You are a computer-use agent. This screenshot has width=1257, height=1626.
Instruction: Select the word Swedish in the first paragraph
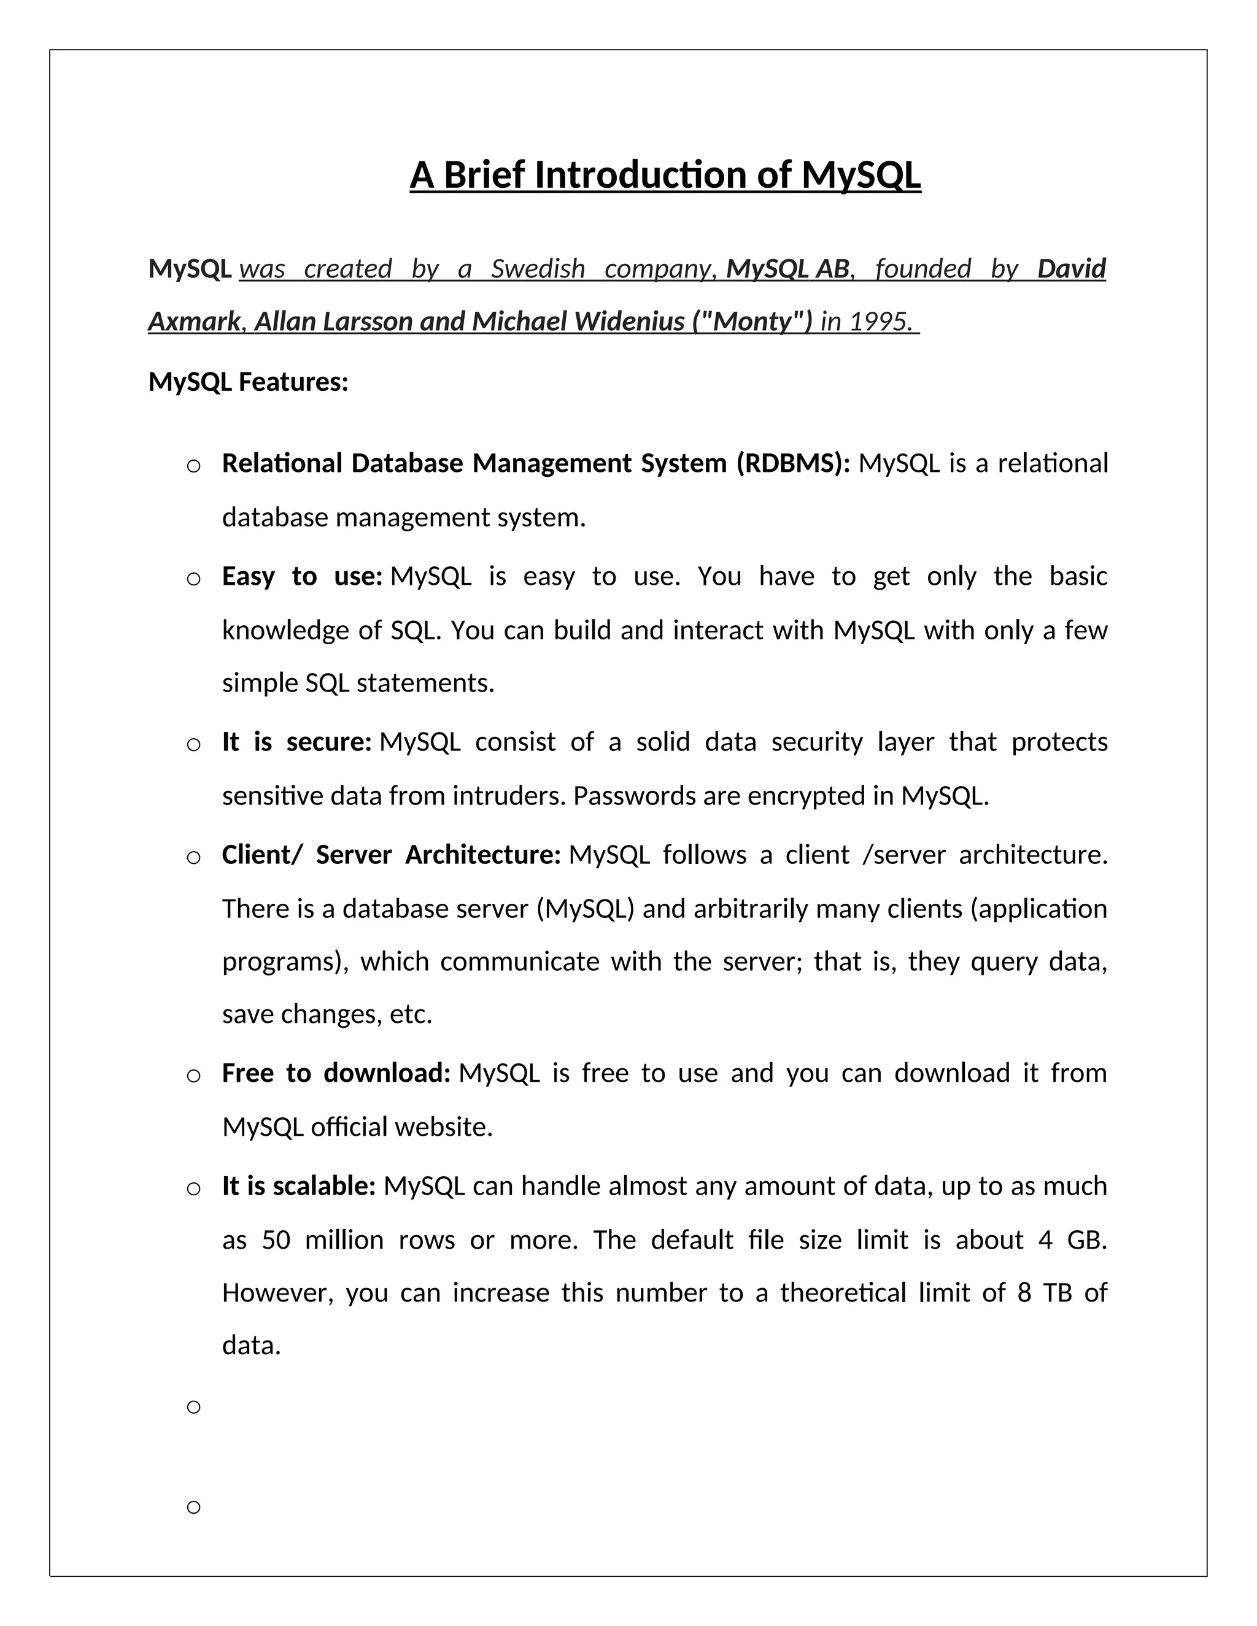point(538,269)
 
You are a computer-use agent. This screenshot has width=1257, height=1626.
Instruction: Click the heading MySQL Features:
point(249,382)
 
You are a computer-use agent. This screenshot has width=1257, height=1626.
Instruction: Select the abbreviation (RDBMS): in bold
point(793,463)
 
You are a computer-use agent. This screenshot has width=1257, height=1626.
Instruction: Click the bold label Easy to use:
point(301,576)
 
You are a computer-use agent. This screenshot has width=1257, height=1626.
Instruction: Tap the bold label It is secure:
point(296,742)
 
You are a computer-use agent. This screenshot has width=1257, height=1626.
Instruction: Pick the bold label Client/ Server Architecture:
point(391,855)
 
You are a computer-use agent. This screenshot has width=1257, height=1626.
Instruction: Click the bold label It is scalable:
point(299,1186)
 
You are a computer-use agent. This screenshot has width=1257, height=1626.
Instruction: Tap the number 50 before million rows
point(276,1240)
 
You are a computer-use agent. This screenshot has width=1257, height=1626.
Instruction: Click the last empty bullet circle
point(193,1508)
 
